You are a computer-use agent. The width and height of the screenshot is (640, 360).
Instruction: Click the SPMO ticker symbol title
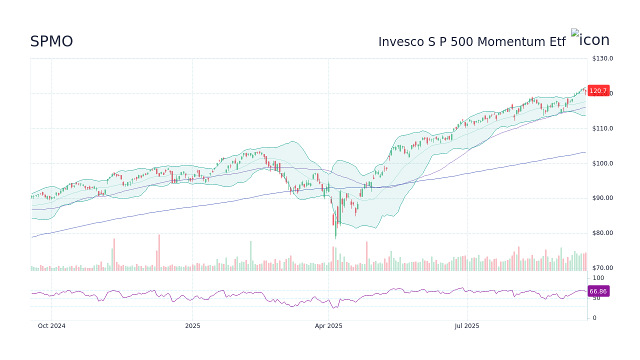pos(51,41)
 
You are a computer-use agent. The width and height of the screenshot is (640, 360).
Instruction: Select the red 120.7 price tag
pos(598,91)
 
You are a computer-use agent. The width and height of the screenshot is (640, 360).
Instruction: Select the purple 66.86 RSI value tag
pos(598,291)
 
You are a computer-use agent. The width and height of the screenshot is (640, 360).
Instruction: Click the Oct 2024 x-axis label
pos(51,326)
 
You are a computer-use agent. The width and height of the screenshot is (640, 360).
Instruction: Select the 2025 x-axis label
pos(192,326)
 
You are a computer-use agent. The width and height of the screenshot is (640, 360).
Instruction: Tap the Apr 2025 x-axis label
pos(328,326)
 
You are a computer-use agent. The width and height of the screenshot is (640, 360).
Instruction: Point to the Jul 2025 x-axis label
pos(467,326)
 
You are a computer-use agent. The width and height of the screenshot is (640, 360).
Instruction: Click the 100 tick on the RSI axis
pos(598,278)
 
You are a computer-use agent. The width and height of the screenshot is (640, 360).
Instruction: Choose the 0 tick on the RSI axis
pos(594,318)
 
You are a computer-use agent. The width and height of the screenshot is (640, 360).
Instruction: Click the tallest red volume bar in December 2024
pos(159,252)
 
